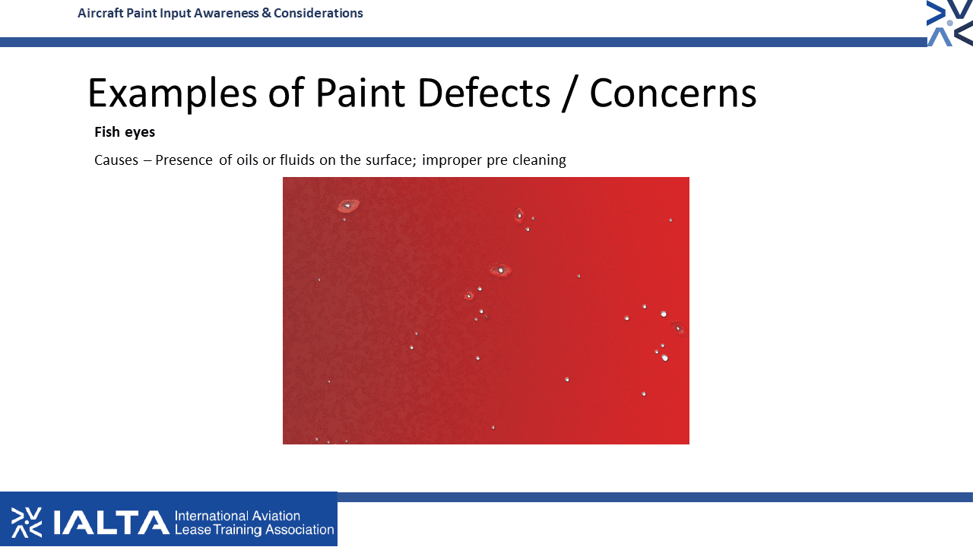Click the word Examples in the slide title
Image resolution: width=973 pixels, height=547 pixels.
[x=173, y=93]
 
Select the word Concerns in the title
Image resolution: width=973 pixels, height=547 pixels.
[x=673, y=93]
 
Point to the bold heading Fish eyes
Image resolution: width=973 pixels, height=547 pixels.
[x=125, y=132]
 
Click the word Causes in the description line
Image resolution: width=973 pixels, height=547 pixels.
[x=116, y=160]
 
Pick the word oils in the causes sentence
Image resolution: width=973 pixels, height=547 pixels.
[x=247, y=160]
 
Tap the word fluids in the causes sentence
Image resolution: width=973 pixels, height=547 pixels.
[x=297, y=160]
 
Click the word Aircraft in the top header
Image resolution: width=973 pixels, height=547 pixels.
[x=100, y=13]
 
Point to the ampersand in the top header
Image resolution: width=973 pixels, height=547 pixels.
[x=266, y=13]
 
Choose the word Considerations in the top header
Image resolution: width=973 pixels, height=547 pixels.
[x=319, y=13]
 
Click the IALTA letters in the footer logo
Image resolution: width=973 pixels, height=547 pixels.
[x=111, y=522]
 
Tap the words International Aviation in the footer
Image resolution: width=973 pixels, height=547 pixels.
[x=237, y=516]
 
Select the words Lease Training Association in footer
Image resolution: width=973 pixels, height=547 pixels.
[x=254, y=530]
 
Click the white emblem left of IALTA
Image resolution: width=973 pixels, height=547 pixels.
[x=27, y=522]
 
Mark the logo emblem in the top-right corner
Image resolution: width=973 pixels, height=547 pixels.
[x=949, y=23]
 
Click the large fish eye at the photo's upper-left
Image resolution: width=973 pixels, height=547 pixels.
[x=348, y=205]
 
